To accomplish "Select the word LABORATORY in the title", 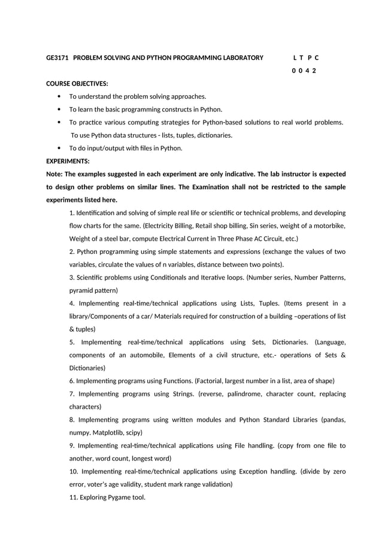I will tap(240, 58).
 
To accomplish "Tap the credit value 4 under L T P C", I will tap(307, 71).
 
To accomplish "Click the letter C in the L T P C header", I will tap(316, 58).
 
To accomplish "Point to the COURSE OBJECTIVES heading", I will tap(77, 84).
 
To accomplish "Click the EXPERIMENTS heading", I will tap(68, 161).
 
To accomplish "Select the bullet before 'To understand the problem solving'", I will tap(59, 96).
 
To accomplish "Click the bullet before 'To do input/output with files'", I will tap(59, 148).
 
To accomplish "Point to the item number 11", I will tap(74, 497).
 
